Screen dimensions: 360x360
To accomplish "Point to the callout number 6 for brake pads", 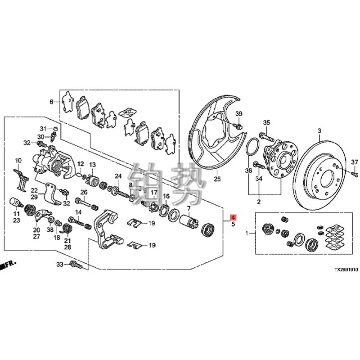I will tap(51, 102).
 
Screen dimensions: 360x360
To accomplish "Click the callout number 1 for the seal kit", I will tap(246, 234).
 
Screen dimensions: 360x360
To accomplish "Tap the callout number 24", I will tap(118, 176).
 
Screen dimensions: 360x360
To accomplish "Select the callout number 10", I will tap(18, 161).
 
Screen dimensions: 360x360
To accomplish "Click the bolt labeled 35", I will tap(265, 135).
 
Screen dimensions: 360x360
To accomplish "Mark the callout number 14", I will tap(78, 212).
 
